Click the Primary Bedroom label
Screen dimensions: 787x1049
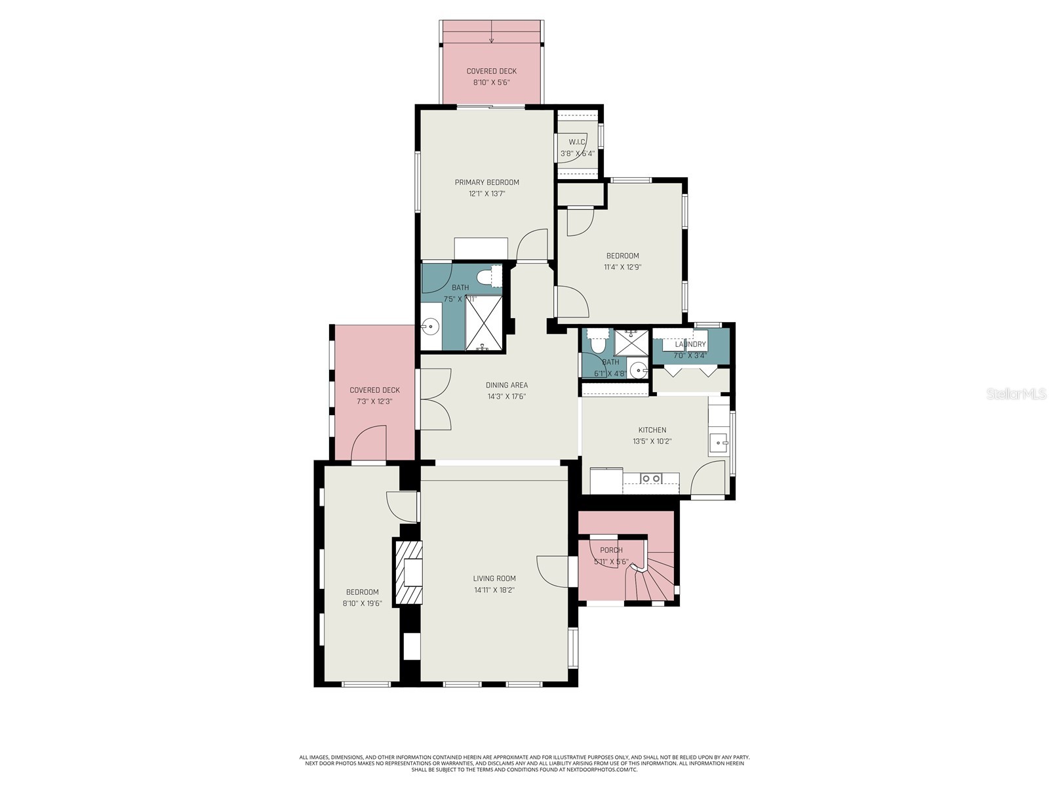486,182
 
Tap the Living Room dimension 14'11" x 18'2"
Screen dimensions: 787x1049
494,590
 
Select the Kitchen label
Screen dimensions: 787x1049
652,430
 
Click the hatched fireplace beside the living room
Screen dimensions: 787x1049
408,573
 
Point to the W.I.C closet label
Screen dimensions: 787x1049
577,142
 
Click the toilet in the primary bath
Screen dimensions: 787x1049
486,277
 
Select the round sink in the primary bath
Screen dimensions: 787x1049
431,325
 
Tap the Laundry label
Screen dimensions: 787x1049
690,344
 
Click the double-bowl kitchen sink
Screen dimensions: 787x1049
650,478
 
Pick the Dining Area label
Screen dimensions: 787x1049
506,386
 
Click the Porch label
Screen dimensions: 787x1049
611,550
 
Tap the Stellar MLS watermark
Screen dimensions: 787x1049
1016,394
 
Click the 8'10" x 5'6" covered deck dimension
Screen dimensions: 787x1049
491,83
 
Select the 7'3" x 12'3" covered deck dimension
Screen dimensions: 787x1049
374,401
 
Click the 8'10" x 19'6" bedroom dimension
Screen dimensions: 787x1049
362,603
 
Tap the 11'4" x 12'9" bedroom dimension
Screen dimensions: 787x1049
622,267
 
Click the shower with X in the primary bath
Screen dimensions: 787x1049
483,323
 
